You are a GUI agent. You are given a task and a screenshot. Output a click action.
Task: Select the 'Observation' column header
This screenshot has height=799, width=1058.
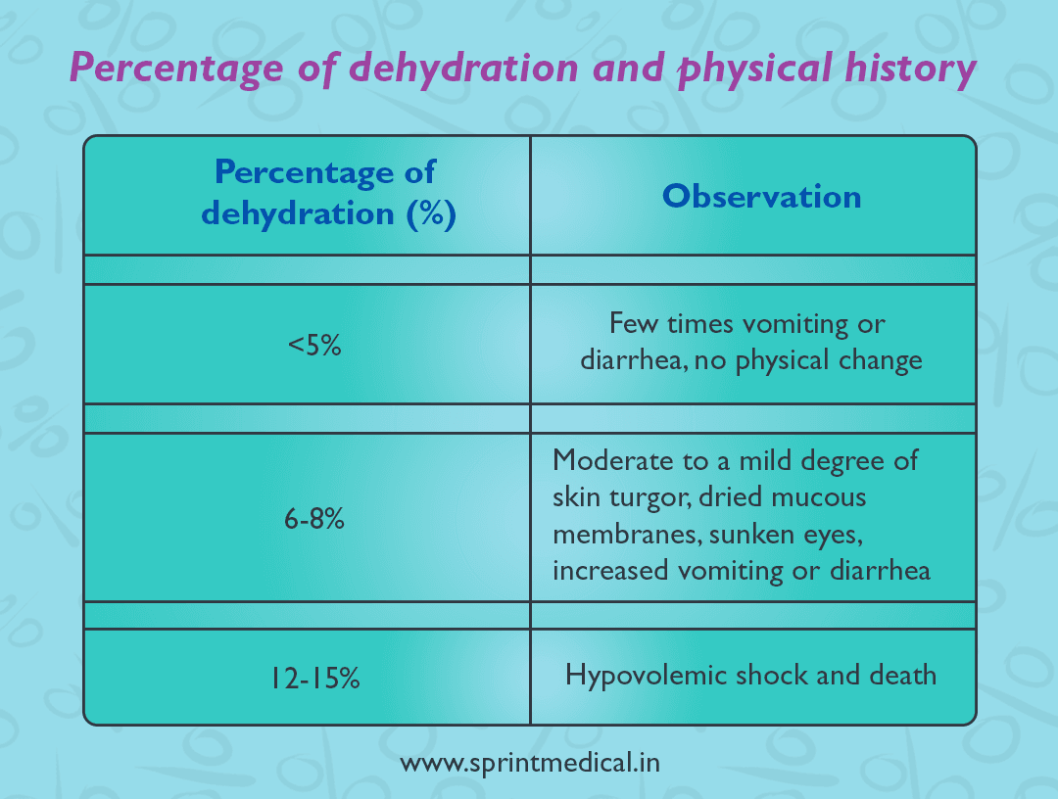tap(762, 196)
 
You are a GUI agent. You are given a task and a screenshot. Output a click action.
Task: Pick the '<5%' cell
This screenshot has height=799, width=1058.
tap(314, 345)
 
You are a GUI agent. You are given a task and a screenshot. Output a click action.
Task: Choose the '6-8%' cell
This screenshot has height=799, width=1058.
tap(314, 520)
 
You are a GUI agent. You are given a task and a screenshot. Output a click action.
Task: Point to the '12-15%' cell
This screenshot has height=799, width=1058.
tap(314, 677)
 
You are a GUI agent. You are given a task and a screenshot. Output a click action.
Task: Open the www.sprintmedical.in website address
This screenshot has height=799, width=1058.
tap(529, 763)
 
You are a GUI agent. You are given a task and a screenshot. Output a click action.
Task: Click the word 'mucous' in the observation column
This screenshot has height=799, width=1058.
tap(820, 496)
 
